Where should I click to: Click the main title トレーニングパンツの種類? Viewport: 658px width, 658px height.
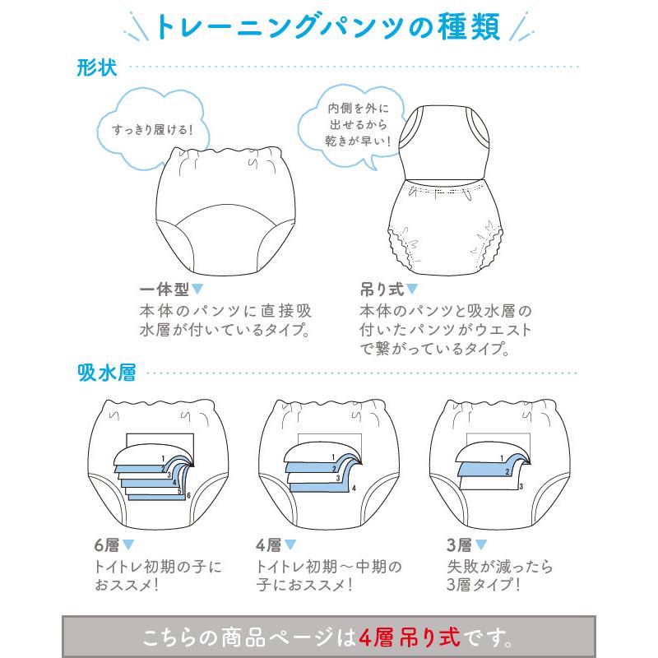click(x=328, y=29)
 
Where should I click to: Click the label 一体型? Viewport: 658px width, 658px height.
click(x=164, y=290)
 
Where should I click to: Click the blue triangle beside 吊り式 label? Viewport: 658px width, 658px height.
click(x=413, y=289)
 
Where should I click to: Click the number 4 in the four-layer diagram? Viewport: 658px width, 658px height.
click(x=353, y=488)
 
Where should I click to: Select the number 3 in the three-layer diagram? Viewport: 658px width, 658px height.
click(x=521, y=487)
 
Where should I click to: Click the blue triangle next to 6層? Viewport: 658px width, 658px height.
click(x=128, y=545)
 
